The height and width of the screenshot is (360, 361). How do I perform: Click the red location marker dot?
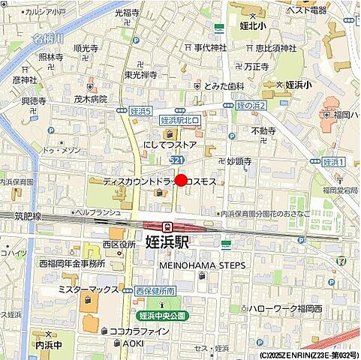click(x=181, y=181)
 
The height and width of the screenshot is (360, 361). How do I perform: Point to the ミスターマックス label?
click(x=89, y=289)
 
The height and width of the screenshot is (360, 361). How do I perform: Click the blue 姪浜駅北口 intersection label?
click(x=180, y=119)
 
